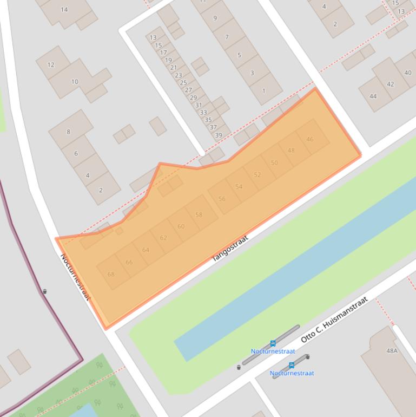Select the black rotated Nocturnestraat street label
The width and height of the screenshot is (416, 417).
[x=75, y=277]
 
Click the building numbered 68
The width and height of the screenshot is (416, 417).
[x=111, y=274]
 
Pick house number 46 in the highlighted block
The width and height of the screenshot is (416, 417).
[x=310, y=139]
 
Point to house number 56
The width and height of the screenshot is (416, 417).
[x=222, y=199]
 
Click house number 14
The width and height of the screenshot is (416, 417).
[x=64, y=10]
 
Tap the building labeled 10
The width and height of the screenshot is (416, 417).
[x=75, y=82]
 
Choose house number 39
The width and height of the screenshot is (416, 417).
[x=219, y=135]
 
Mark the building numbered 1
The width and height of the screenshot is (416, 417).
[x=264, y=90]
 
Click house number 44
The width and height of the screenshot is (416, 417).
[x=373, y=96]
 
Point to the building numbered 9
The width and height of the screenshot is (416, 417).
[x=215, y=18]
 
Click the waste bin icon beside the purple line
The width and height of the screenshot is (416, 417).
[x=44, y=291]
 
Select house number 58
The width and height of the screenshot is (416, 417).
[x=199, y=215]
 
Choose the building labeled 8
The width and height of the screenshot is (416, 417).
[x=68, y=132]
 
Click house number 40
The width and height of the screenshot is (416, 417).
[x=407, y=73]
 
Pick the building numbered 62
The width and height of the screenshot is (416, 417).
[x=163, y=238]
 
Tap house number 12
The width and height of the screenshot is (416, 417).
[x=51, y=65]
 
